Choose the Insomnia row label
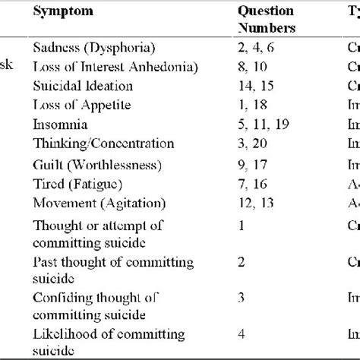tap(60, 123)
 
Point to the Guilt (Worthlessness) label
tap(96, 162)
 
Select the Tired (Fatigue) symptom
tap(76, 181)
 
